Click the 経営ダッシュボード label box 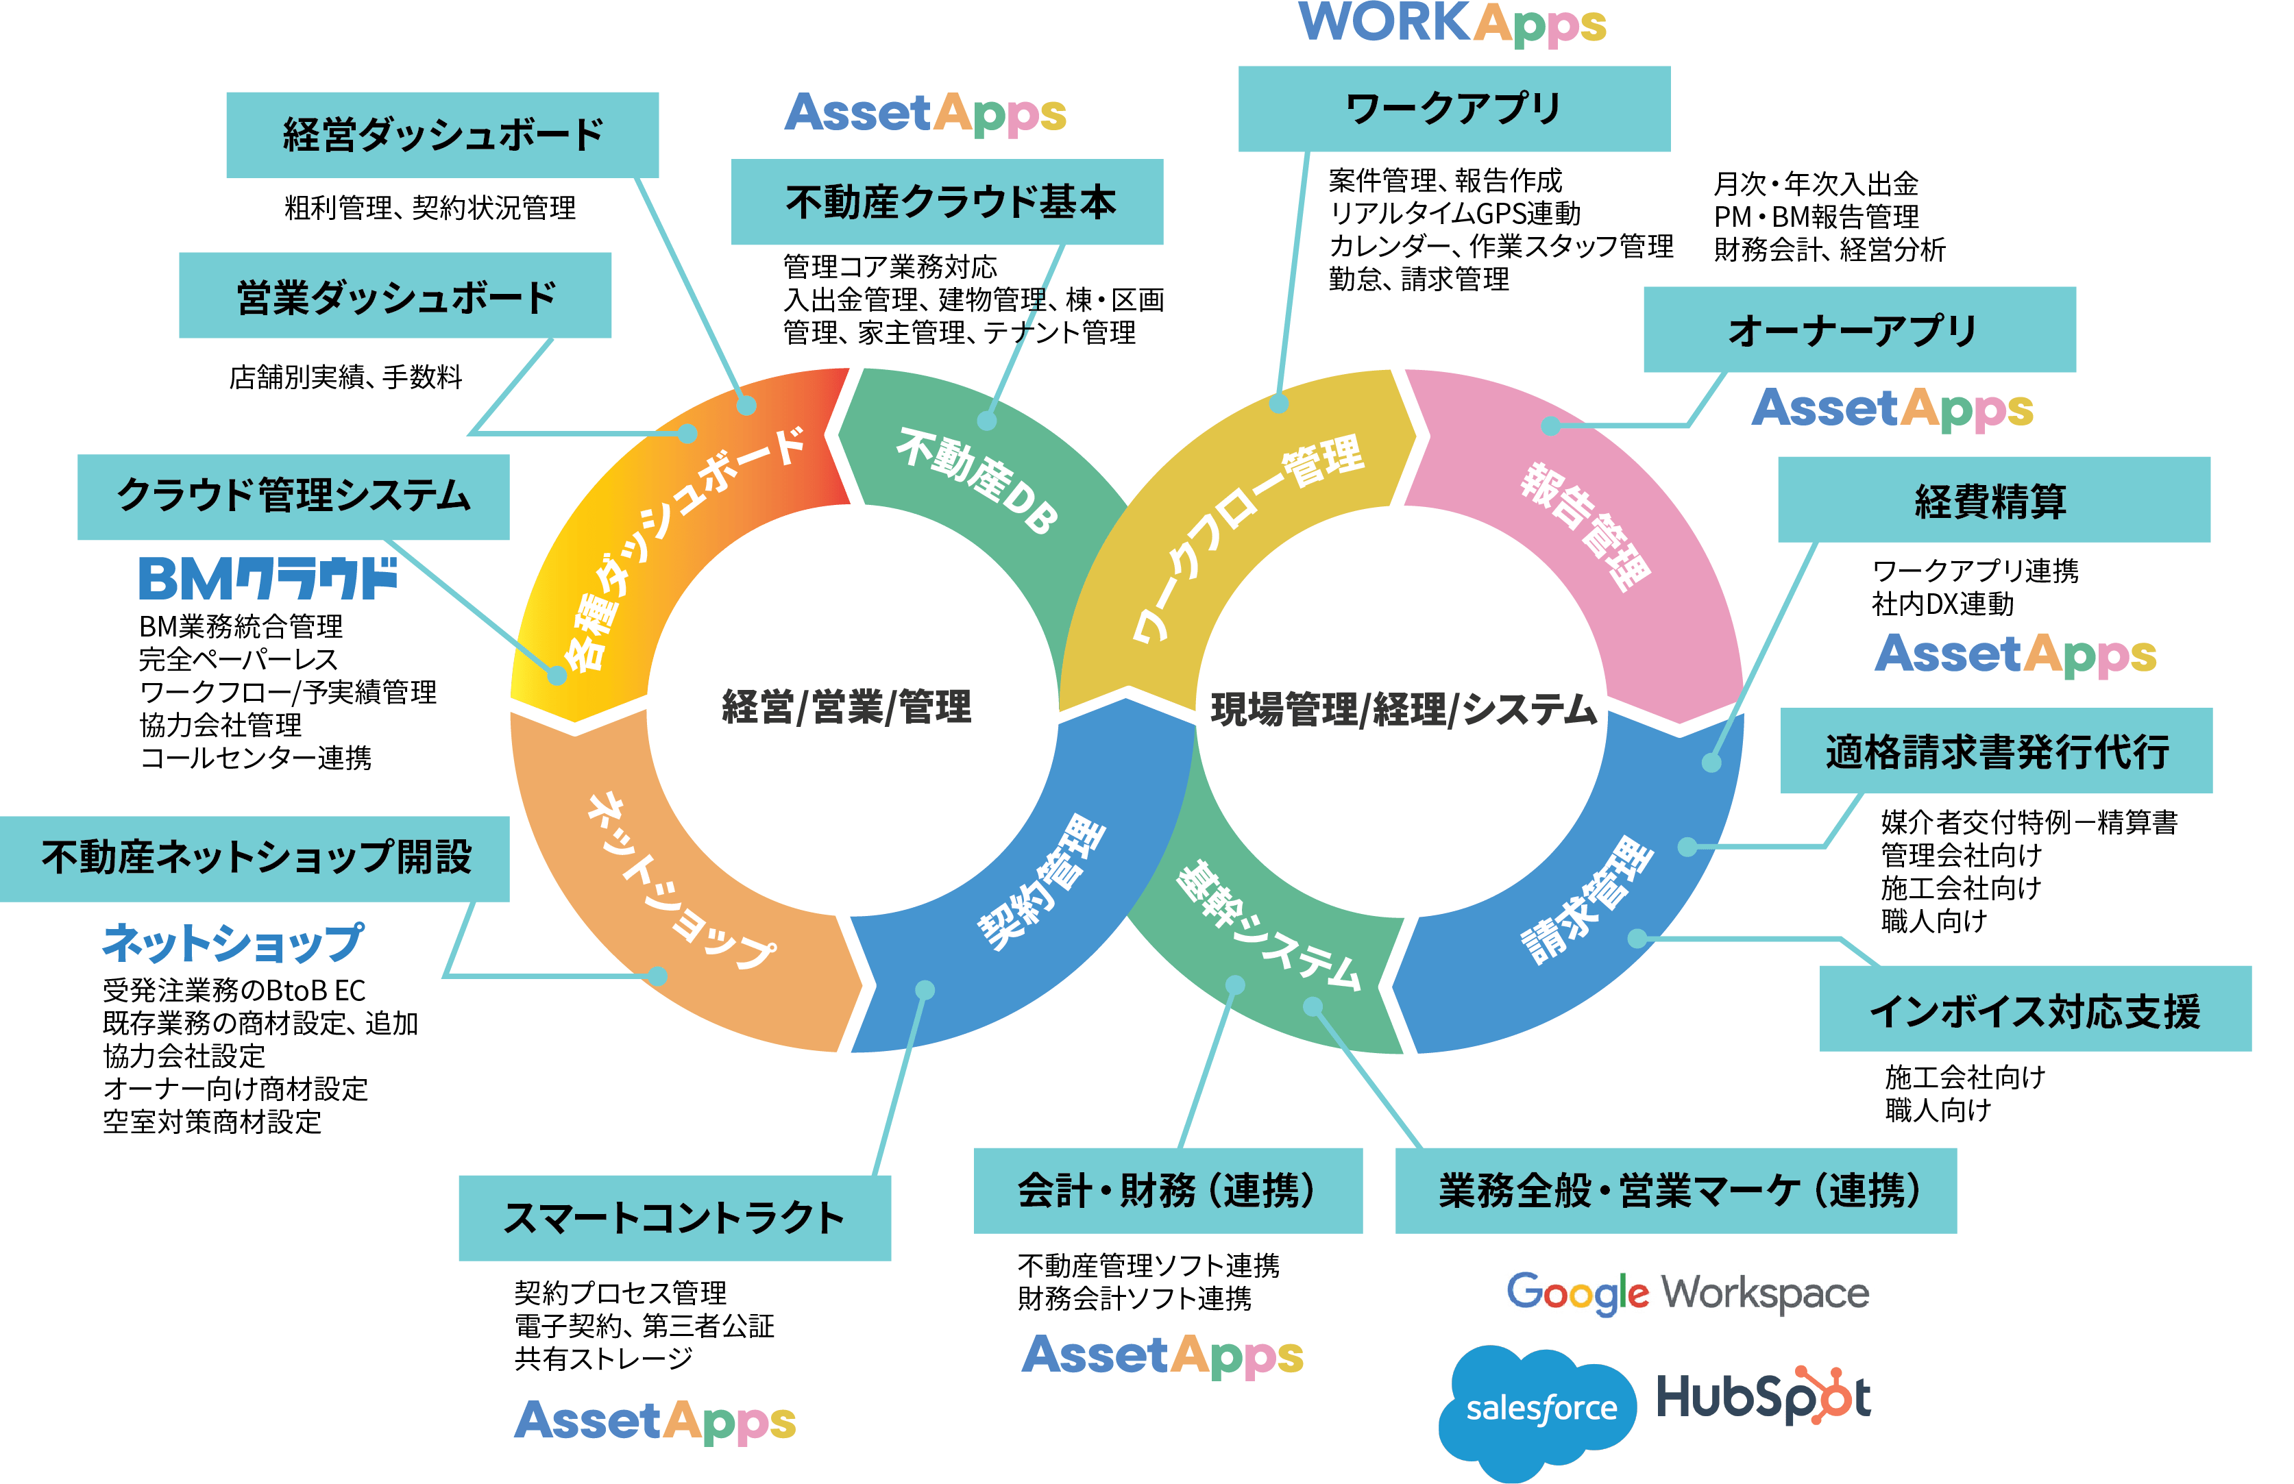pyautogui.click(x=442, y=135)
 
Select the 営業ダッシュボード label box pyautogui.click(x=395, y=296)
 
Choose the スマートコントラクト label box pyautogui.click(x=674, y=1218)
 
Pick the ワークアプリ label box pyautogui.click(x=1454, y=109)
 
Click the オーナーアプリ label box pyautogui.click(x=1859, y=330)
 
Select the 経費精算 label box pyautogui.click(x=1993, y=500)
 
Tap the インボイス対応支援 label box pyautogui.click(x=2035, y=1009)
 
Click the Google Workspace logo pyautogui.click(x=1685, y=1289)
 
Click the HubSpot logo pyautogui.click(x=1768, y=1397)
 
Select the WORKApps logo pyautogui.click(x=1452, y=23)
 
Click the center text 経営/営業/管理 pyautogui.click(x=846, y=707)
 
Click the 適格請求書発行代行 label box pyautogui.click(x=1996, y=751)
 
